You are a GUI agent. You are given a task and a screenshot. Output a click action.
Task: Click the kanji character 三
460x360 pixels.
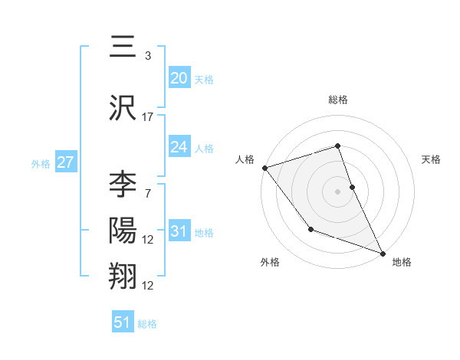(123, 49)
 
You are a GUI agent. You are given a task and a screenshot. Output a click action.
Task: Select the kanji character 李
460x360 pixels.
(123, 185)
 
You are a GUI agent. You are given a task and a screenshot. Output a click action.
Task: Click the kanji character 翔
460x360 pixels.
(123, 276)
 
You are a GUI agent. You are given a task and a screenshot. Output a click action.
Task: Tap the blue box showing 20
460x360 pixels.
(179, 78)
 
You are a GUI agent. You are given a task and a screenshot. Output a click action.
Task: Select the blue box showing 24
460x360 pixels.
(179, 147)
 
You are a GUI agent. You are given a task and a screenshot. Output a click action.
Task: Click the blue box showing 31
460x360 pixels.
(179, 231)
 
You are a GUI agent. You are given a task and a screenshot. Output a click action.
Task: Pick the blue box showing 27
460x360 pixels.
(65, 162)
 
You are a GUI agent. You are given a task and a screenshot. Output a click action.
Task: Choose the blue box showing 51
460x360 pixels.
(123, 322)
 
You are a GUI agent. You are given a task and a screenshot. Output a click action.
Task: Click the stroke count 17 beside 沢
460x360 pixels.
(148, 117)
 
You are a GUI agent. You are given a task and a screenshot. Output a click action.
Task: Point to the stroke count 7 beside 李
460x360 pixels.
(148, 193)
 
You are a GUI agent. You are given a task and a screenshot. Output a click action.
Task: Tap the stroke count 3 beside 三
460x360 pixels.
(148, 56)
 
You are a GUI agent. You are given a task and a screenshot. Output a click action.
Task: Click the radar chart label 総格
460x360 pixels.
(338, 100)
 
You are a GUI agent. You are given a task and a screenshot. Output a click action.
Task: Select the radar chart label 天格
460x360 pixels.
(432, 159)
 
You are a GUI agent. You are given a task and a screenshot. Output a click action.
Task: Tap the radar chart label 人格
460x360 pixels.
(245, 159)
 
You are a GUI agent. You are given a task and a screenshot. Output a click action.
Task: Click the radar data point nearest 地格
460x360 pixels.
(383, 253)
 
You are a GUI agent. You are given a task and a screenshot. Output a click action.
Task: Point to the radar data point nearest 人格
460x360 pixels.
(264, 167)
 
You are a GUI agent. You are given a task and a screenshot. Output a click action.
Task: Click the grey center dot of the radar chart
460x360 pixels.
(338, 191)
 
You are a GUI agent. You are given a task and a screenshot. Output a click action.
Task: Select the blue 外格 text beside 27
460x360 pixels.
(40, 163)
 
